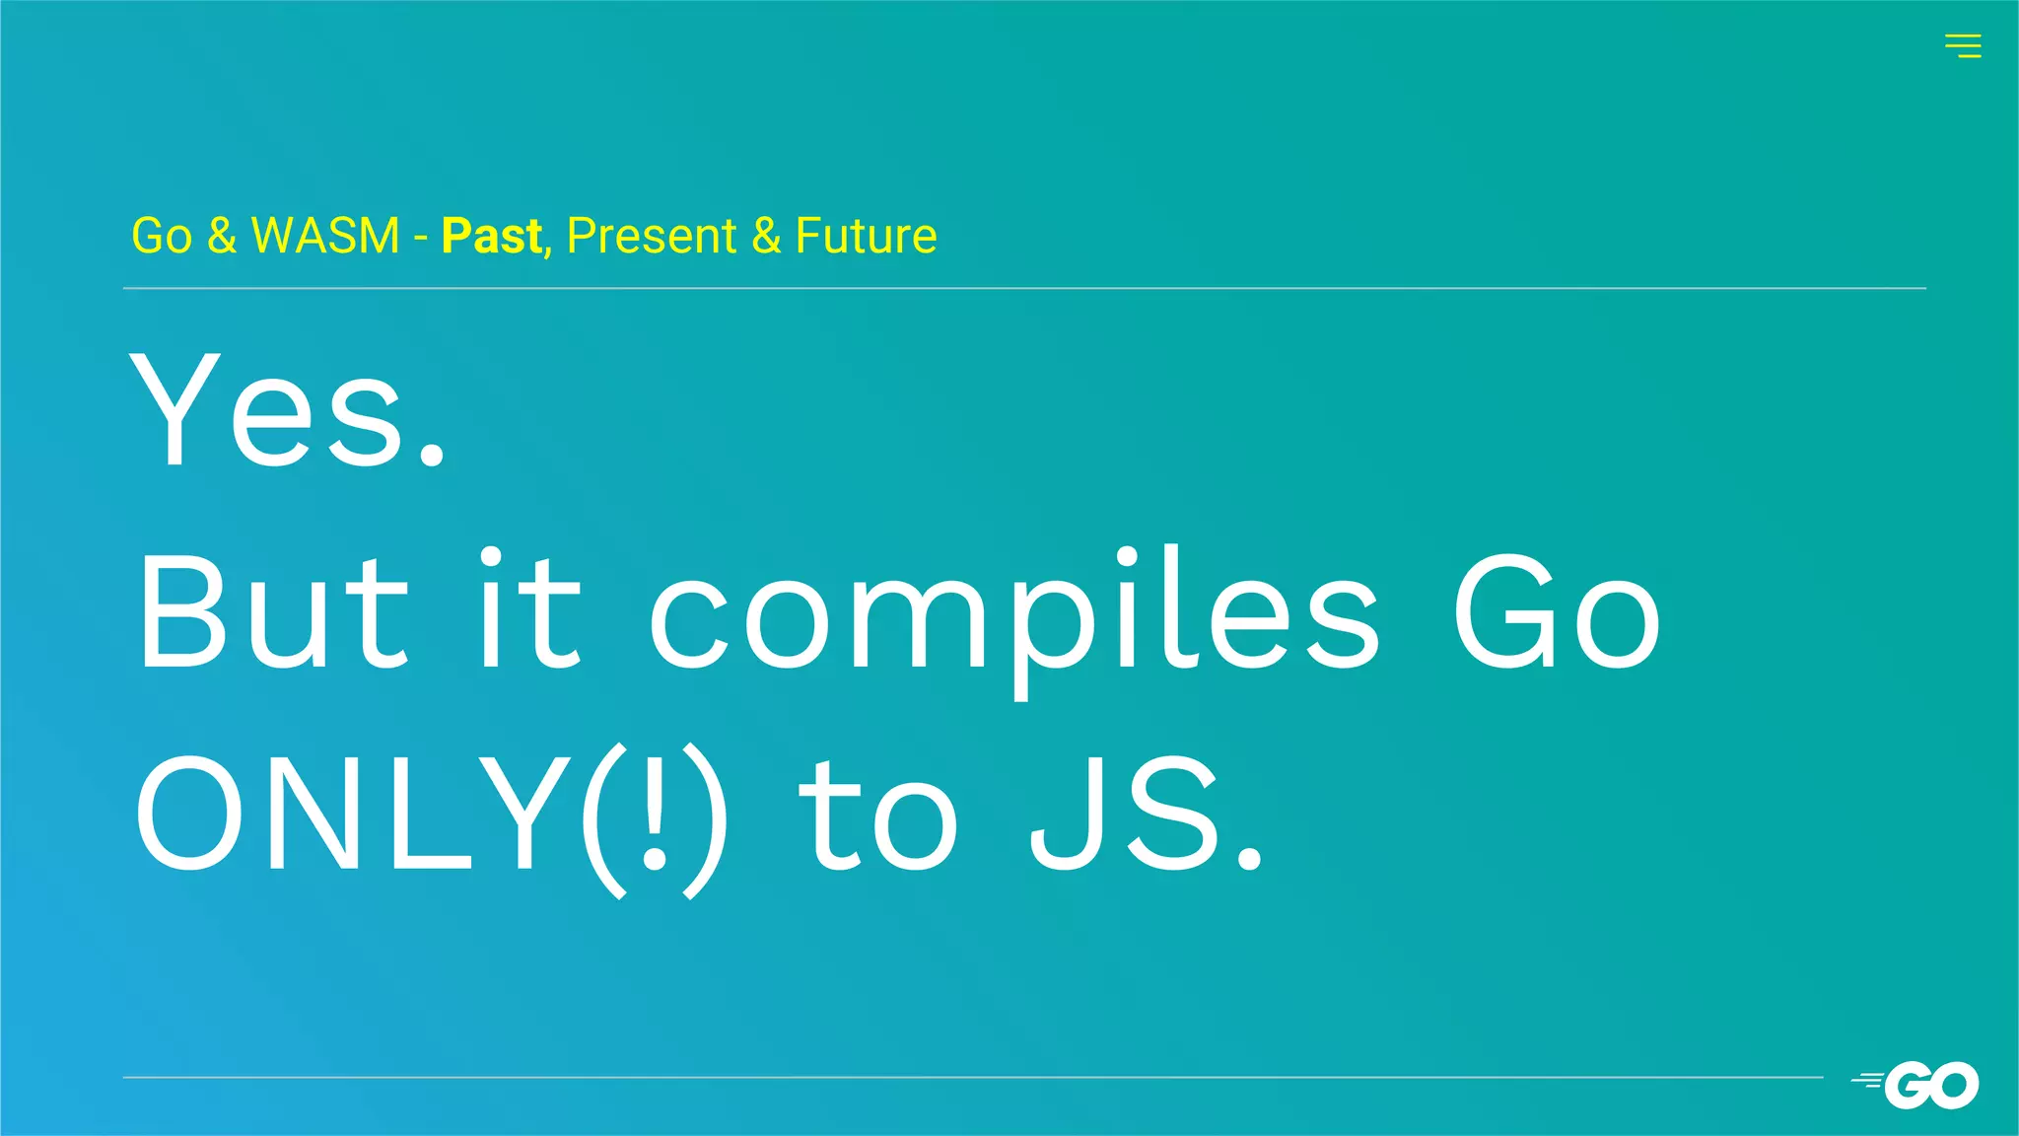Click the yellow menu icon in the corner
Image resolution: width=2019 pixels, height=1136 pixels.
pos(1963,45)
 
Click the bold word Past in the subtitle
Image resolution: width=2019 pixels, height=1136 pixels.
pos(491,236)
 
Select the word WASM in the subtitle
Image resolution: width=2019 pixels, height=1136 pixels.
pos(325,236)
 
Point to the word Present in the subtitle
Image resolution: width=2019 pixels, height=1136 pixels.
pos(652,236)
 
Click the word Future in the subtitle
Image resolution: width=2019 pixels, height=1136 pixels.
pos(866,236)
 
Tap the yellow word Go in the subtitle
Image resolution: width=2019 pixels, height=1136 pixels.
pos(162,236)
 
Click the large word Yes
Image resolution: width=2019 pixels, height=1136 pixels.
pos(268,408)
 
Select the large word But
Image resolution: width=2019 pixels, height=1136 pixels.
pos(272,611)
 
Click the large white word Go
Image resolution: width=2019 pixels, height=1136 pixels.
pos(1558,611)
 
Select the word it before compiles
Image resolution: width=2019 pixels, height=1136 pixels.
pos(529,611)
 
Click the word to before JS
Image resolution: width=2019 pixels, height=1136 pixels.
pos(876,817)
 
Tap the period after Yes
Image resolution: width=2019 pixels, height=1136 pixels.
pos(432,455)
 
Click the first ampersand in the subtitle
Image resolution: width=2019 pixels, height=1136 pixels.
pos(222,236)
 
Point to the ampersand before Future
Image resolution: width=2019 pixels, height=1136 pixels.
pos(766,236)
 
